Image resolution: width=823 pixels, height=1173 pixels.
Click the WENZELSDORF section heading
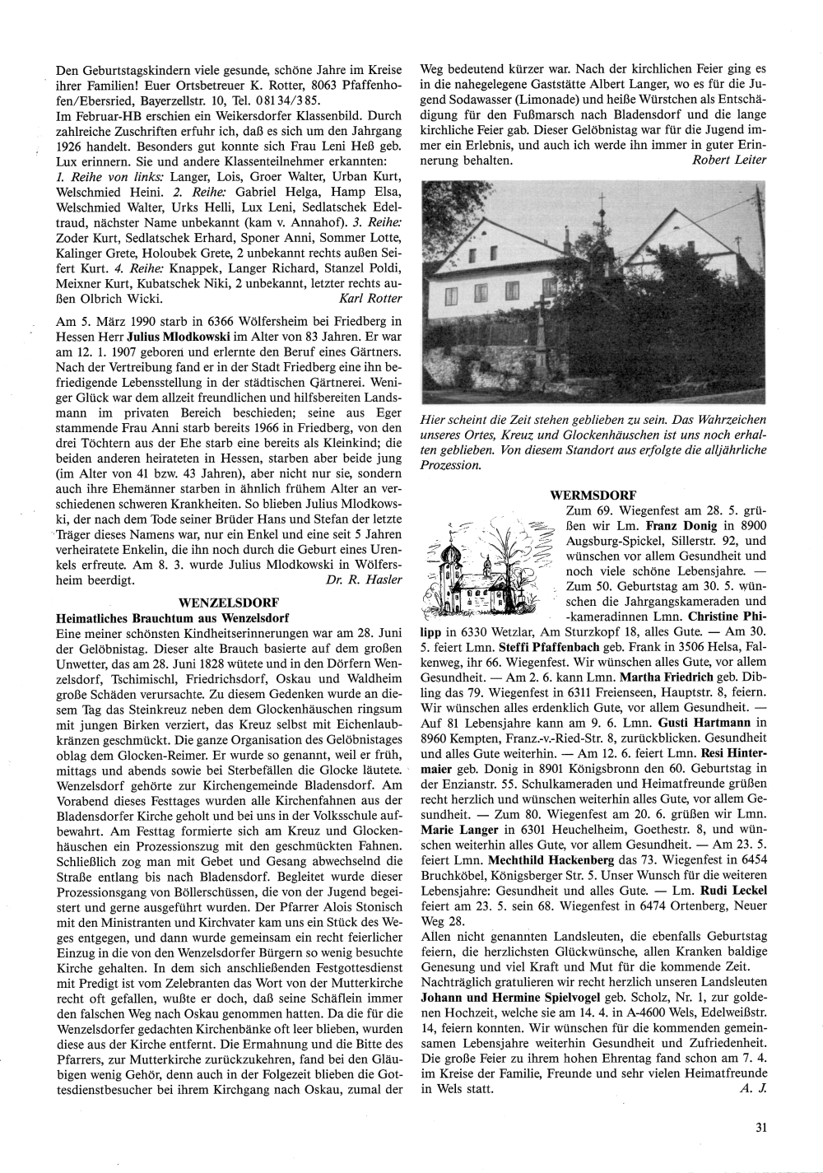[228, 602]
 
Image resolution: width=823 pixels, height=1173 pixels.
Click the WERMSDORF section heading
[593, 496]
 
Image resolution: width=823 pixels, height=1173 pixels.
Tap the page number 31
[760, 1129]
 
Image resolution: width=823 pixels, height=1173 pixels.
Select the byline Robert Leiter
[729, 161]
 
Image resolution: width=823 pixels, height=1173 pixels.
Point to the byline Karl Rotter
[370, 297]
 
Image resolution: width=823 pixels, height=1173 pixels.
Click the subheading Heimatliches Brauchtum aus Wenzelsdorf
[169, 617]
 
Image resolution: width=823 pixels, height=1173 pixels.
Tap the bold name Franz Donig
[678, 526]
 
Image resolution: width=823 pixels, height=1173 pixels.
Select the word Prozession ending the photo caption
[449, 466]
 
